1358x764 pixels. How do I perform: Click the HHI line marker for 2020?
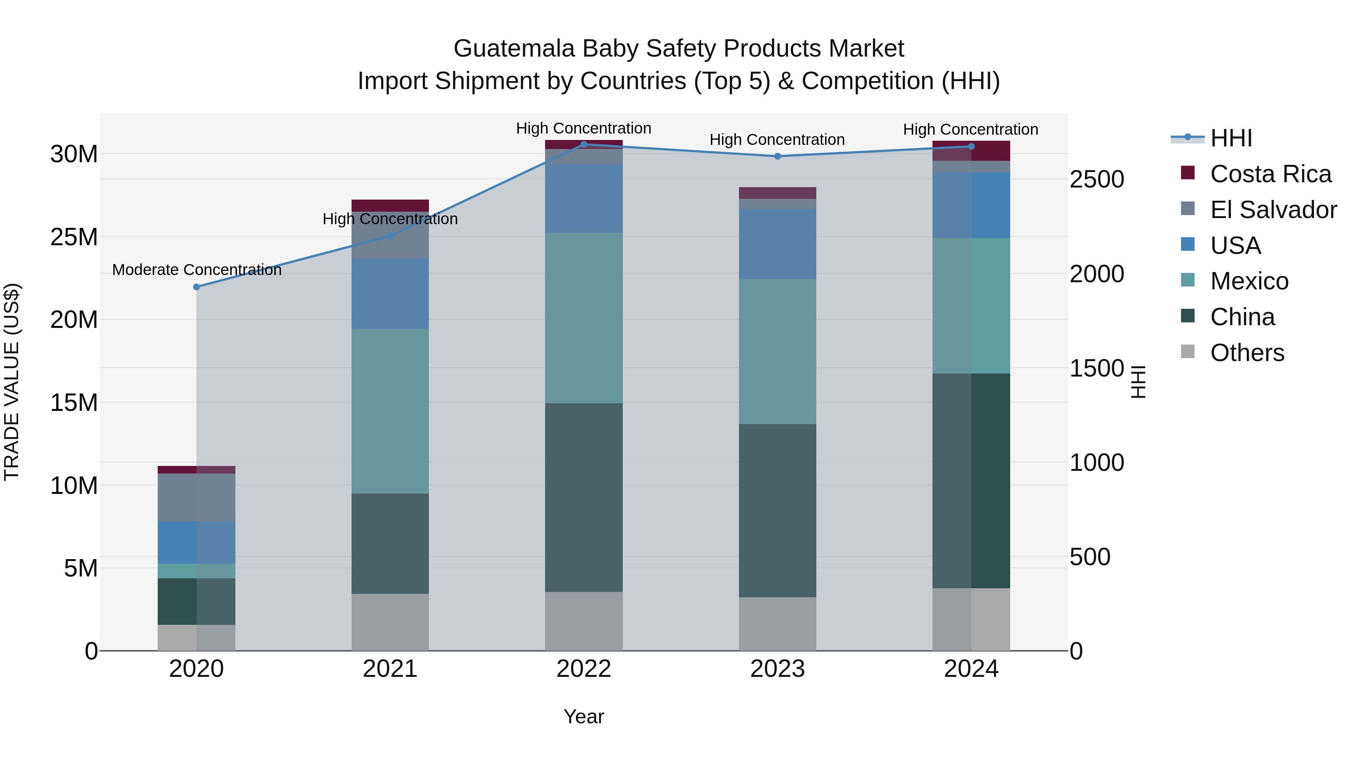[x=197, y=287]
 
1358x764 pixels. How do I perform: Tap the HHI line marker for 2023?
[x=777, y=156]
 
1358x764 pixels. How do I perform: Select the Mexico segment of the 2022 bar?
[x=584, y=318]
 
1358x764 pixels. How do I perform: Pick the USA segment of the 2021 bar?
[x=390, y=294]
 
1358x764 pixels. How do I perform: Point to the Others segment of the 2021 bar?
[x=390, y=622]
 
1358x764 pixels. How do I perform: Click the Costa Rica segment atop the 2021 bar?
[x=390, y=205]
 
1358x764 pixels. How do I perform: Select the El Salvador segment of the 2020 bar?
[x=197, y=497]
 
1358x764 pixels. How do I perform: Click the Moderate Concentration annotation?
[x=197, y=270]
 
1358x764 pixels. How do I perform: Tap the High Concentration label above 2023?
[x=777, y=140]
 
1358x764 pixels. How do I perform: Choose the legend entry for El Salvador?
[x=1273, y=210]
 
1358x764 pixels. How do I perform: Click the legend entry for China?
[x=1242, y=317]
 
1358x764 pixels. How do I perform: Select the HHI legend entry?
[x=1230, y=138]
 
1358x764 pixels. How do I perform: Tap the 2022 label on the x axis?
[x=584, y=669]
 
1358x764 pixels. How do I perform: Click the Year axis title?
[x=584, y=716]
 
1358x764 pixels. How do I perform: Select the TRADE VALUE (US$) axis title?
[x=12, y=382]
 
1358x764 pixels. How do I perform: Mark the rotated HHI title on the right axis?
[x=1139, y=382]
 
